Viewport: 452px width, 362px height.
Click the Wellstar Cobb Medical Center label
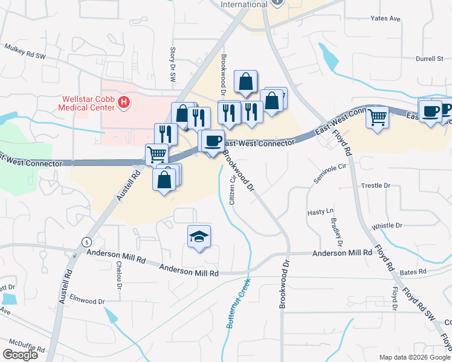[86, 103]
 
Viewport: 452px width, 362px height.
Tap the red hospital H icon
[124, 103]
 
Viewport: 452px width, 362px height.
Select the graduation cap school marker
[199, 238]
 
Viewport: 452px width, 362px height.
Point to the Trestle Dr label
[375, 186]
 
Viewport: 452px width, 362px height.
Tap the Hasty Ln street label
[320, 212]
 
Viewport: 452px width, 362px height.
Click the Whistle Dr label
[387, 226]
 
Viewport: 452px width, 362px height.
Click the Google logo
[21, 355]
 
